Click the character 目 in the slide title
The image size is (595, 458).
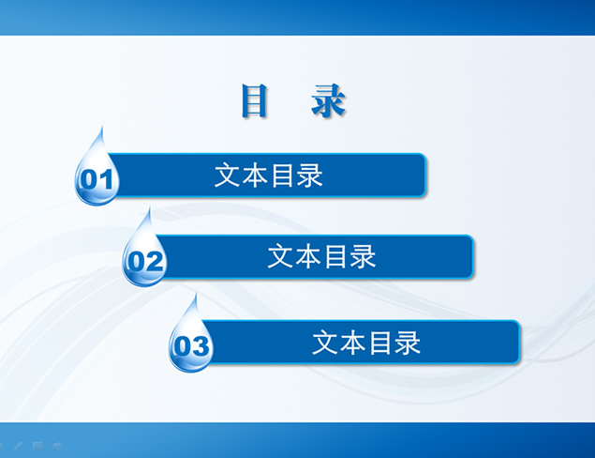[255, 101]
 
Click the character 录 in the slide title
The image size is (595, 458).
[328, 101]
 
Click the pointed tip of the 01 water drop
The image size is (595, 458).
[101, 129]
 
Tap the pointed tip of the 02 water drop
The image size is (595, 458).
[147, 210]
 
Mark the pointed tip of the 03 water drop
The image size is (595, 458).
[195, 296]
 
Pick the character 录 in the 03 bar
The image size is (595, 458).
[408, 343]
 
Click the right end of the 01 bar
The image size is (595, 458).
[424, 176]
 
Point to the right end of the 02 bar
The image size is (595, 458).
[470, 256]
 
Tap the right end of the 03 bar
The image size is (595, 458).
[516, 343]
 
